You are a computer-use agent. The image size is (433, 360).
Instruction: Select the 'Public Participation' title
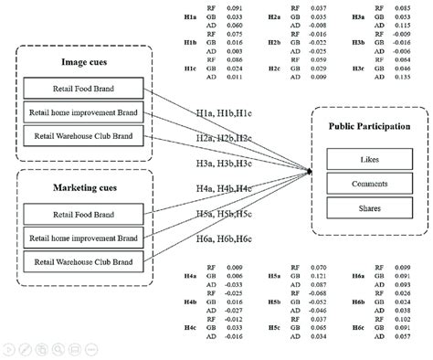coord(367,127)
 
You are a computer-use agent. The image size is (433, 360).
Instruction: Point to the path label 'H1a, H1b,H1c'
coord(223,111)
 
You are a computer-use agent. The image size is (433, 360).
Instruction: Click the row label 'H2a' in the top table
coord(275,17)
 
